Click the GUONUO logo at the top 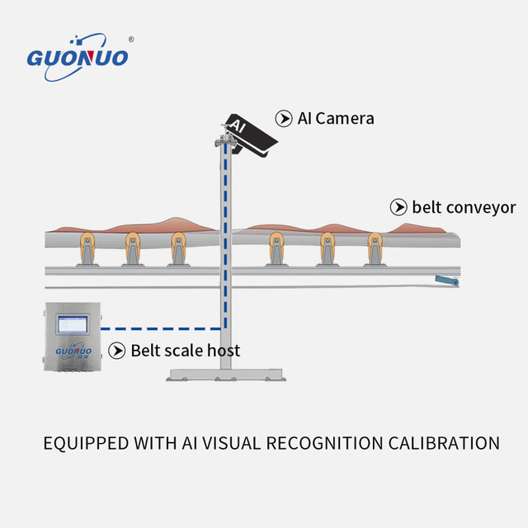point(78,57)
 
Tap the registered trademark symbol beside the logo point(131,40)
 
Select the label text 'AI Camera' point(336,119)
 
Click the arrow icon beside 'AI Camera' point(284,119)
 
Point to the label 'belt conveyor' point(464,207)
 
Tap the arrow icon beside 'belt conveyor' point(398,207)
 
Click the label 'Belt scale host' point(186,351)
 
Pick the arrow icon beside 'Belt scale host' point(117,351)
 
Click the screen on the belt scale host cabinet point(73,324)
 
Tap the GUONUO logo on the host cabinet point(73,351)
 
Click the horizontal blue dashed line point(161,328)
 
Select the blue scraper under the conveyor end point(447,280)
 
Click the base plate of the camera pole point(226,375)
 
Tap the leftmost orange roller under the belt point(87,242)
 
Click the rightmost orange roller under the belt point(375,242)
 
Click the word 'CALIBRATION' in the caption point(444,443)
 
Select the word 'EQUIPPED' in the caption point(86,444)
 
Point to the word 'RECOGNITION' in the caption point(324,443)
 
